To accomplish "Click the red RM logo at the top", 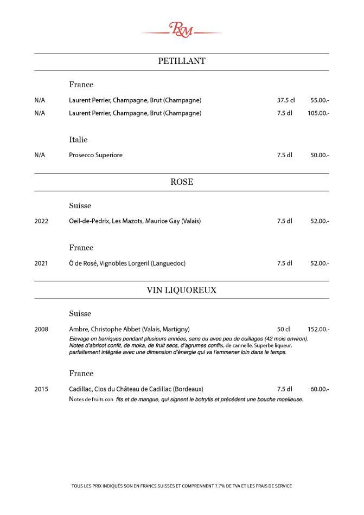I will [182, 30].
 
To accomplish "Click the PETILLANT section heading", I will [182, 61].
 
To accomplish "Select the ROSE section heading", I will [182, 182].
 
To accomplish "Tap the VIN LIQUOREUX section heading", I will [182, 290].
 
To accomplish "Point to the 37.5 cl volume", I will [286, 100].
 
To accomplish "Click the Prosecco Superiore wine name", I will [95, 155].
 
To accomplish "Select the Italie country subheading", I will [78, 140].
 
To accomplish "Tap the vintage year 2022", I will [41, 221].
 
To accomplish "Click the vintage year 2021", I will [41, 263].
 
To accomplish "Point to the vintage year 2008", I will [41, 329].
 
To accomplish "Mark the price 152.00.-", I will [318, 329].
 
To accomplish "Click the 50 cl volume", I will [283, 329].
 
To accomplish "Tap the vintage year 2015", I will [41, 389].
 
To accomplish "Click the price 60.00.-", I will [320, 389].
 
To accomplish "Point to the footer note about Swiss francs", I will [182, 486].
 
